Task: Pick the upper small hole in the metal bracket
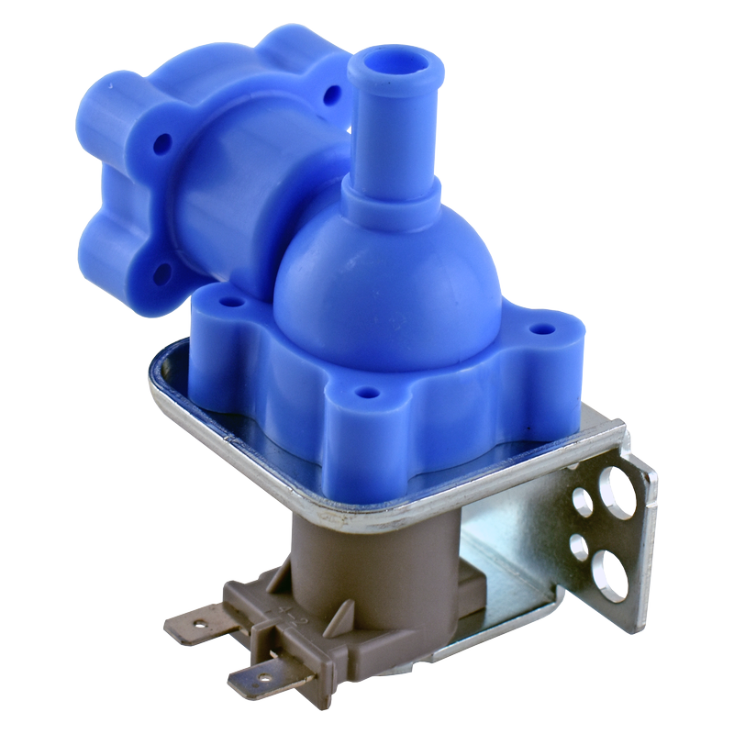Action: click(582, 499)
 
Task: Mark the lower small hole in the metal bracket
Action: click(579, 548)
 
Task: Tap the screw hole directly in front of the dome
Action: click(367, 393)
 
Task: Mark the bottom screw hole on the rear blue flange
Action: click(162, 272)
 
